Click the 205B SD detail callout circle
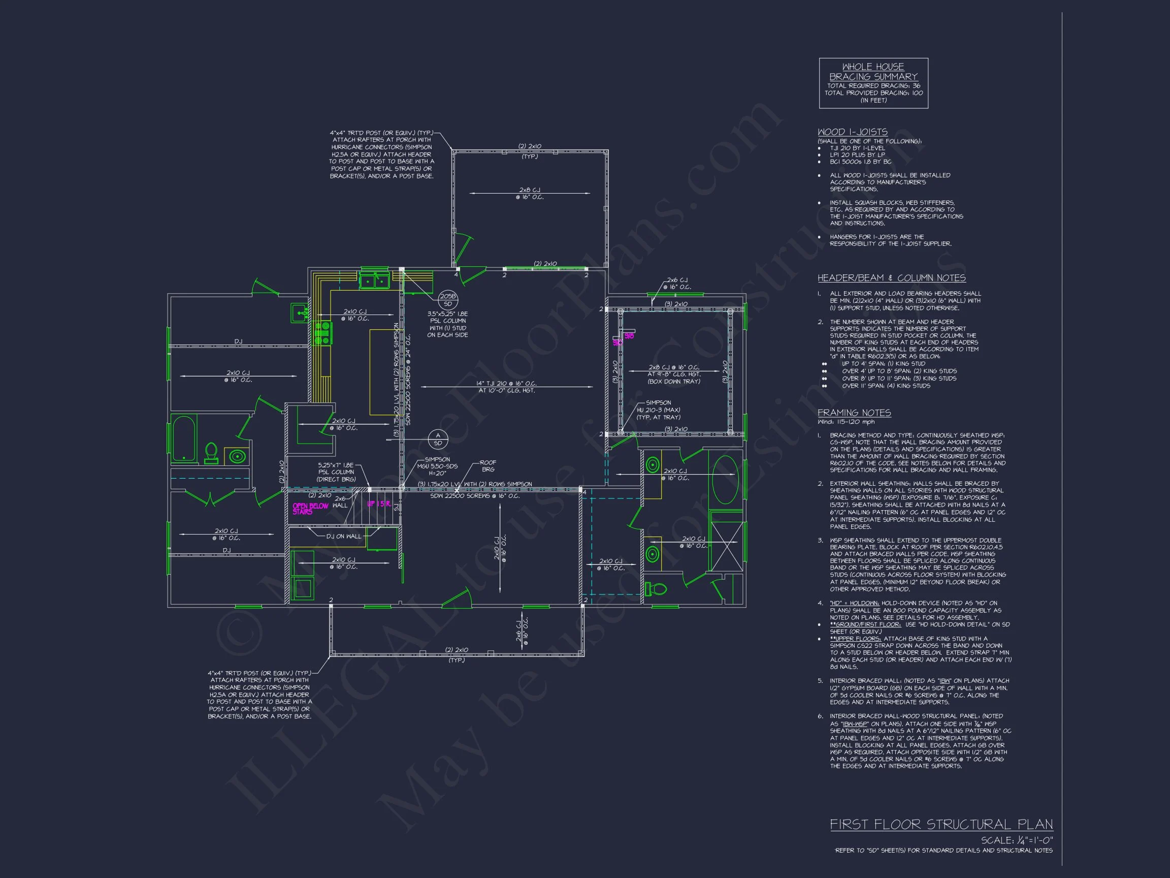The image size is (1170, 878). click(447, 300)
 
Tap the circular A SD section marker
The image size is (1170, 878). click(438, 438)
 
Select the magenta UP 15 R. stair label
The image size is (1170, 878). click(379, 504)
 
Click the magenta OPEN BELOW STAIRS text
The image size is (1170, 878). click(310, 509)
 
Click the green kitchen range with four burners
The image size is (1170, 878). click(322, 333)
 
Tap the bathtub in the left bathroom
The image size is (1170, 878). click(184, 438)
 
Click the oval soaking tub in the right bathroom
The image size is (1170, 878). click(726, 480)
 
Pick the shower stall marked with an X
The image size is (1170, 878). click(727, 546)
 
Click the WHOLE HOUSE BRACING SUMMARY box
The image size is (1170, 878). click(873, 83)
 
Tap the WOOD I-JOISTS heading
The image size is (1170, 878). click(852, 132)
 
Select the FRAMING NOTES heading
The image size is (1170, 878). click(854, 413)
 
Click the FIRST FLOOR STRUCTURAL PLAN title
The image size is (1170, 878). click(941, 824)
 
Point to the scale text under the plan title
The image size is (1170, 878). click(1017, 840)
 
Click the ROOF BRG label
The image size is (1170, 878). click(487, 466)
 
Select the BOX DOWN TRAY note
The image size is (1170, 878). click(674, 382)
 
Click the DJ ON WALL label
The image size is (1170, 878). click(343, 536)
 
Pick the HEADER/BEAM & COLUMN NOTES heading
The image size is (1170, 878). click(891, 278)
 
